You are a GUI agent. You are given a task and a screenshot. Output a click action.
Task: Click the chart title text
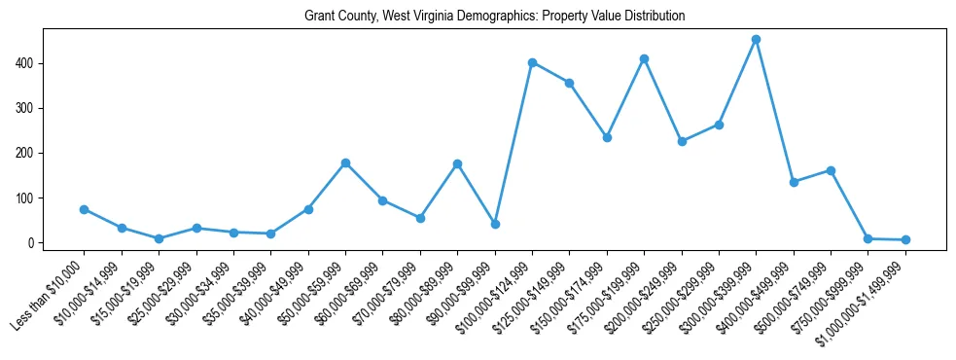click(x=494, y=16)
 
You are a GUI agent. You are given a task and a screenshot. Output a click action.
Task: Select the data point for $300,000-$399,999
click(x=756, y=40)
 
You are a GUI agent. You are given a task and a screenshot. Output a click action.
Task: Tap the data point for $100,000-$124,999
click(x=532, y=62)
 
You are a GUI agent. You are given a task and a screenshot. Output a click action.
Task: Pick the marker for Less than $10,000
click(x=84, y=209)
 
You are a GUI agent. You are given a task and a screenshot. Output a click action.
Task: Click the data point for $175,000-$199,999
click(x=644, y=58)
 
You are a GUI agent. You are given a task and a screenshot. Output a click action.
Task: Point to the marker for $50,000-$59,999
click(x=345, y=162)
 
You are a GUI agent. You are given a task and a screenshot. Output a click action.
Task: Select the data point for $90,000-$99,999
click(x=495, y=224)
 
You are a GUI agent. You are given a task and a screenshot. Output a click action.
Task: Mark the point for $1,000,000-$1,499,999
click(x=905, y=239)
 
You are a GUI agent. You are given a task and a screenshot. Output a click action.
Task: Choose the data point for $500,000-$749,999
click(x=831, y=170)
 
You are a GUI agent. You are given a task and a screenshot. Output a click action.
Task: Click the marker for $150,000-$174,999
click(x=607, y=137)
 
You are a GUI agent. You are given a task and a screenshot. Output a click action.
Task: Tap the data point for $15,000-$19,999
click(x=159, y=238)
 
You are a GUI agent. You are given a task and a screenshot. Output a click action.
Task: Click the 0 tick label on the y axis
click(x=31, y=242)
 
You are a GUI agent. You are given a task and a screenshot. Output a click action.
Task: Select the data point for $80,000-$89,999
click(x=457, y=163)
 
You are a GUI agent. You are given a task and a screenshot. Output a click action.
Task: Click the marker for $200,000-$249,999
click(x=682, y=141)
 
